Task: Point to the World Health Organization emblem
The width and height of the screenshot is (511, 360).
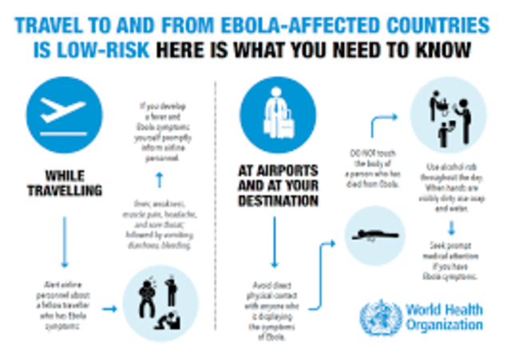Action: click(x=381, y=317)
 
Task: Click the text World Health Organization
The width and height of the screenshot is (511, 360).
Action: click(x=443, y=317)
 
